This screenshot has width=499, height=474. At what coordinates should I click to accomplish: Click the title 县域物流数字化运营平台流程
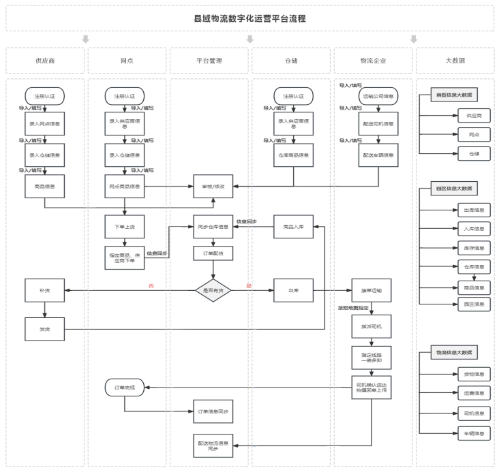pyautogui.click(x=249, y=18)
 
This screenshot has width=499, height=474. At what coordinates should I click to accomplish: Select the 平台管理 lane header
pyautogui.click(x=209, y=61)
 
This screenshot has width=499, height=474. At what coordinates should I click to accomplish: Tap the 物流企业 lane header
pyautogui.click(x=372, y=61)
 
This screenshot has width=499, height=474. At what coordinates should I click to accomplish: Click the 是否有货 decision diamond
pyautogui.click(x=213, y=290)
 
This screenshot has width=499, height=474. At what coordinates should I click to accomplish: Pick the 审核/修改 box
pyautogui.click(x=213, y=186)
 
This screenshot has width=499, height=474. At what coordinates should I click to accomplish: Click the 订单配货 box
pyautogui.click(x=213, y=252)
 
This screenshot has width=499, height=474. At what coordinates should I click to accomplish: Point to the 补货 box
pyautogui.click(x=45, y=290)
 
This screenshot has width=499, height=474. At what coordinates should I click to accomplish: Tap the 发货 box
pyautogui.click(x=45, y=330)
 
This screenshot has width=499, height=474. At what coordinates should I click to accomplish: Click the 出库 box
pyautogui.click(x=293, y=290)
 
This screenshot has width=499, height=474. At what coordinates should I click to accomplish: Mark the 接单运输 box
pyautogui.click(x=371, y=290)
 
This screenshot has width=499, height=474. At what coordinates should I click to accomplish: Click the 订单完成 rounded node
pyautogui.click(x=124, y=388)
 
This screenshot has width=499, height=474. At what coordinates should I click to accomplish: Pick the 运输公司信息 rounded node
pyautogui.click(x=378, y=97)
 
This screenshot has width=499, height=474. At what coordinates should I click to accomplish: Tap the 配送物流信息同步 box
pyautogui.click(x=213, y=446)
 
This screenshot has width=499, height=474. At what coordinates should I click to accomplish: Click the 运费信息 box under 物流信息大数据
pyautogui.click(x=474, y=393)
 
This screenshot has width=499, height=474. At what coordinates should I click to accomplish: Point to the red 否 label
pyautogui.click(x=151, y=285)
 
